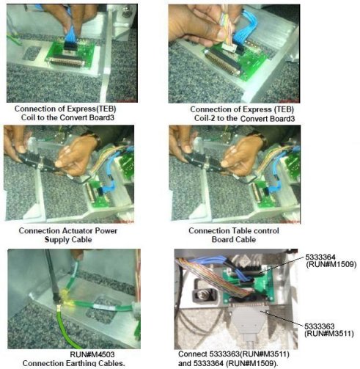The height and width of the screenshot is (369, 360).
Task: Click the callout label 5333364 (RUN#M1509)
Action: [331, 260]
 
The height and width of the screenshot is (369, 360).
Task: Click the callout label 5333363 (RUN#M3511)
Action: [329, 329]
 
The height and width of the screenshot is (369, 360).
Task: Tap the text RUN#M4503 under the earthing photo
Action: [92, 354]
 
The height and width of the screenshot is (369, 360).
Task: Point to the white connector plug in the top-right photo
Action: [229, 47]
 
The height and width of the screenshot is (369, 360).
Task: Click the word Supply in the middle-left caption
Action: [56, 239]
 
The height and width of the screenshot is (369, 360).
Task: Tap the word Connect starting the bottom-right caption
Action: [192, 354]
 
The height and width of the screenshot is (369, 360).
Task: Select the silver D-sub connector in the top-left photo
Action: [67, 61]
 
